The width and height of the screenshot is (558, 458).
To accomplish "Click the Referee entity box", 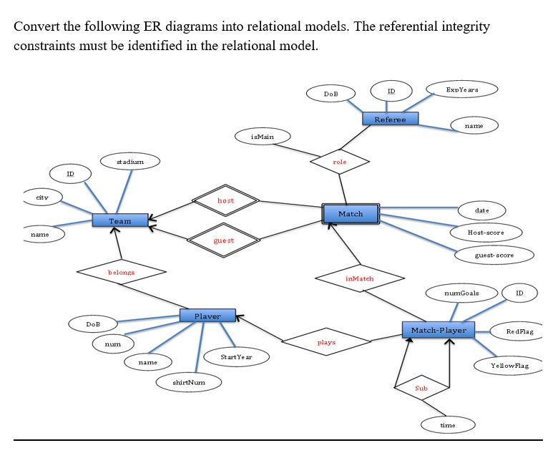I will point(390,119).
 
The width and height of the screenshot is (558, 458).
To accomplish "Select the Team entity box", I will point(120,220).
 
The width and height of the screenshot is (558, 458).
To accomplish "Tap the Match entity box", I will point(351,213).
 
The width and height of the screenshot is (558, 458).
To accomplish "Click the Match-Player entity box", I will point(439,330).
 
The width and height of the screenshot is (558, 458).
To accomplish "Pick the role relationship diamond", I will point(340,162).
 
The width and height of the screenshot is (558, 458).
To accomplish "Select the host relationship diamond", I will point(225,200).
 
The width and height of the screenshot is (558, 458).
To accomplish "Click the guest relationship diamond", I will point(223,240).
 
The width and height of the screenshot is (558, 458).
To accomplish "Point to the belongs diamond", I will point(121,272).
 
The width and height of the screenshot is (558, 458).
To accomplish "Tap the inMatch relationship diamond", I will point(359,278).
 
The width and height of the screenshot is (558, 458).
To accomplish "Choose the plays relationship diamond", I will point(326,342).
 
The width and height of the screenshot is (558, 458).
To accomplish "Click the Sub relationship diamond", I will point(421,387).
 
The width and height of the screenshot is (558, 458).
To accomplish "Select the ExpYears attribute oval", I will point(461,89).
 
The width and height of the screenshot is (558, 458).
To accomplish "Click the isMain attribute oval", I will point(263,136).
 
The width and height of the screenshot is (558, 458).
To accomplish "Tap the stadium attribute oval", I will point(130,162).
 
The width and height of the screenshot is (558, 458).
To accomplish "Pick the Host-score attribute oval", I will point(486,233).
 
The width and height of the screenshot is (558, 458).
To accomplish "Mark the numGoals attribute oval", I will point(461,293).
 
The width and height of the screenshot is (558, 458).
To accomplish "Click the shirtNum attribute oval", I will point(189,383).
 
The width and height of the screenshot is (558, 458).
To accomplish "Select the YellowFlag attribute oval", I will point(510,366).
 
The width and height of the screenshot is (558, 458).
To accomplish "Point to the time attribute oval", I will point(447,425).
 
